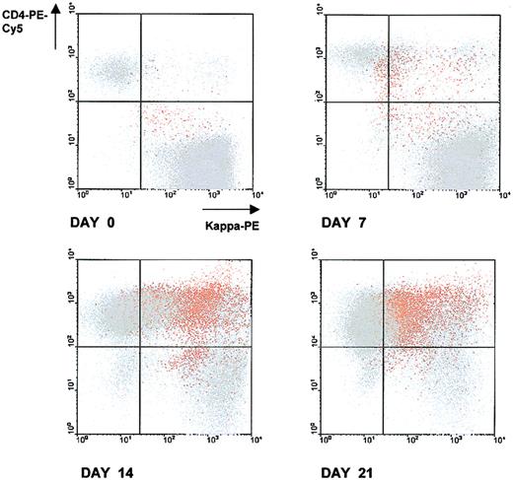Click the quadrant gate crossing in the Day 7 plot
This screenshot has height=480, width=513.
(x=383, y=102)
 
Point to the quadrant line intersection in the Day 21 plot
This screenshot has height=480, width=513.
(x=383, y=346)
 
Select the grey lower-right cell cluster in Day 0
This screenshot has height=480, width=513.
(x=207, y=163)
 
